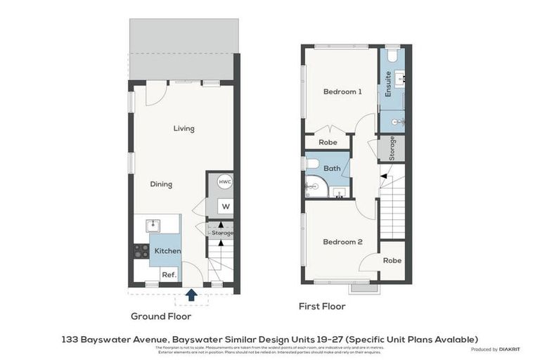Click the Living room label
click(x=184, y=129)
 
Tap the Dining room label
click(x=161, y=184)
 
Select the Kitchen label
click(x=167, y=251)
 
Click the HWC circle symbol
click(x=224, y=181)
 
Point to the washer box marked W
click(x=225, y=207)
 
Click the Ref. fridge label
click(x=169, y=275)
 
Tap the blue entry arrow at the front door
click(x=191, y=294)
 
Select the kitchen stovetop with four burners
click(x=141, y=251)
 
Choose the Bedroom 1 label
click(x=342, y=91)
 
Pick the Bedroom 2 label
click(x=342, y=242)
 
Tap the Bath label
click(x=332, y=168)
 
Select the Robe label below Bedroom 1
click(x=328, y=142)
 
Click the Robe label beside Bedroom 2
click(x=392, y=260)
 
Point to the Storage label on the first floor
click(x=392, y=148)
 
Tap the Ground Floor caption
click(x=160, y=316)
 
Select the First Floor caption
click(x=323, y=307)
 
